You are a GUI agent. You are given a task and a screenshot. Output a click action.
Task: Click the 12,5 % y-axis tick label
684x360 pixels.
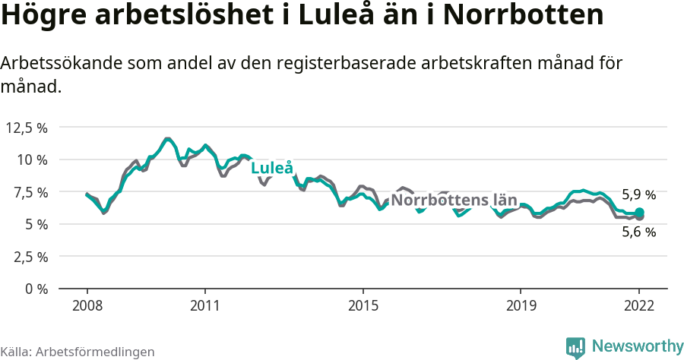(27, 128)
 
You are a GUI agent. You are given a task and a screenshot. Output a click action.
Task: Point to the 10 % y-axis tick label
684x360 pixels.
(32, 159)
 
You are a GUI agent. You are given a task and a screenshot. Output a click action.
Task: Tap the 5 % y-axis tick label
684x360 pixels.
(35, 224)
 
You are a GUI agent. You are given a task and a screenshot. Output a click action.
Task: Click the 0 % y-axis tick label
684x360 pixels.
(35, 289)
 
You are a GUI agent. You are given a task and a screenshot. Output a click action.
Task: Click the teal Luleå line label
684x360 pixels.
(272, 168)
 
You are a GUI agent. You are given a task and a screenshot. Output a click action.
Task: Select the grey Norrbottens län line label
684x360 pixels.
(454, 201)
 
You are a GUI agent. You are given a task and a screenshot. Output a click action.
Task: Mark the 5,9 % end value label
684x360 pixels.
(638, 194)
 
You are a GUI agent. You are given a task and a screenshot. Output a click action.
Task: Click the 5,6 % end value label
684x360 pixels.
(638, 232)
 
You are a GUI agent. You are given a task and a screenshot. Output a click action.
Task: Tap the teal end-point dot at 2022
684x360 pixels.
(639, 213)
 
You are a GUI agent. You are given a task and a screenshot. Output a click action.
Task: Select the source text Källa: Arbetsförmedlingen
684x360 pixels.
(78, 352)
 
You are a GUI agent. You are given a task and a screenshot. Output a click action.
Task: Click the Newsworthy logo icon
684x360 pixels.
(575, 347)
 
